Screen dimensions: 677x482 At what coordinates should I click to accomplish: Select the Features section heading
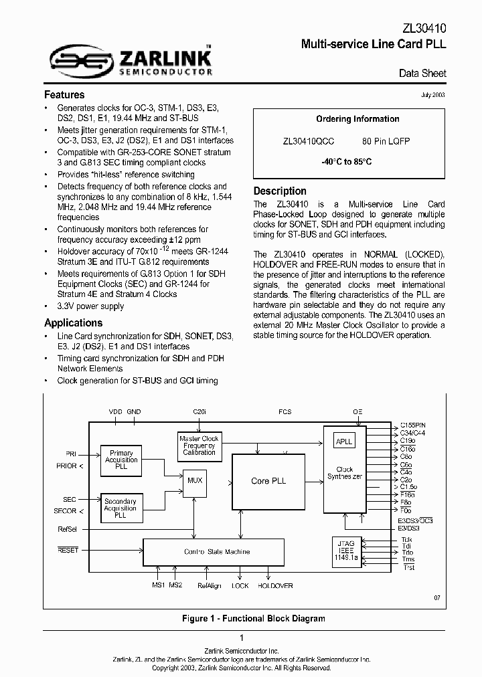(x=64, y=95)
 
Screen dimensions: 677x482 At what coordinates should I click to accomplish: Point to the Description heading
(x=280, y=191)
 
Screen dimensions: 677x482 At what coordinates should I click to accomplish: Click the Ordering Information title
(x=357, y=119)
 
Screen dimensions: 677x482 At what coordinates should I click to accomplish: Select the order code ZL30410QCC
(x=308, y=142)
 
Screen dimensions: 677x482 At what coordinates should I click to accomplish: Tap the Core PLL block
(x=268, y=481)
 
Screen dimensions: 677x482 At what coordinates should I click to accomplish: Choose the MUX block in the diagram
(x=195, y=480)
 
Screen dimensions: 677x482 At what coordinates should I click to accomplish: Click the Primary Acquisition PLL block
(x=121, y=460)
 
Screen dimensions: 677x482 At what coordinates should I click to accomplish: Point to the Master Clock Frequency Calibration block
(x=199, y=446)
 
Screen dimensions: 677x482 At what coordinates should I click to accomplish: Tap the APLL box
(x=344, y=442)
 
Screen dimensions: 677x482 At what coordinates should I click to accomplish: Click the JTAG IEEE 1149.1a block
(x=345, y=551)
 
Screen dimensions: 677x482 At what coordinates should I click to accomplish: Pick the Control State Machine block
(x=217, y=551)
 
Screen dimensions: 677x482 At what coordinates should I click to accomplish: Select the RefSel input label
(x=68, y=529)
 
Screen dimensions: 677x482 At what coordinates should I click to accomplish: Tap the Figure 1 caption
(x=254, y=619)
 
